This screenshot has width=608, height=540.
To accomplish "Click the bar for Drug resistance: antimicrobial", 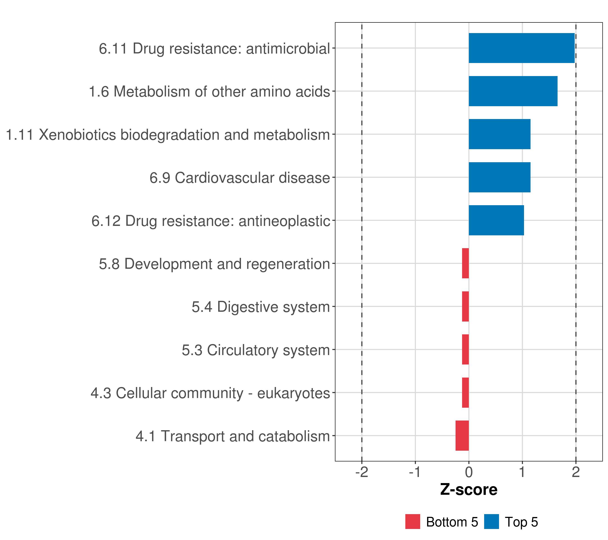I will click(x=522, y=48).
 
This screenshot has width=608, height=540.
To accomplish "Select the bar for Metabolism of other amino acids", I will click(x=513, y=91).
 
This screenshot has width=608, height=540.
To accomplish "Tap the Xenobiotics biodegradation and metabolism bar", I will click(x=499, y=134).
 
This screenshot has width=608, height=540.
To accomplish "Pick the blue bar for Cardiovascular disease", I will click(x=499, y=178).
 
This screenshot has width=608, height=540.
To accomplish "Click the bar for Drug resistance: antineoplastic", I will click(x=496, y=220).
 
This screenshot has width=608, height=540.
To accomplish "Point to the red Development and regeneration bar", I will click(x=465, y=263).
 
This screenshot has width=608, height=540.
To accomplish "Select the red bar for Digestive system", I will click(x=465, y=306).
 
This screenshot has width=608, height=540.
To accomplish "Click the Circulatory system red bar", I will click(x=465, y=349).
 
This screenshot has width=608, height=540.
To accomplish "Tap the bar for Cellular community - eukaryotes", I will click(x=465, y=393).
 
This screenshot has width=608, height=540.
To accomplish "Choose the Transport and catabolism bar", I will click(x=462, y=436).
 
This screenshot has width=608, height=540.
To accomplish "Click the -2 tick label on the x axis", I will click(x=362, y=472).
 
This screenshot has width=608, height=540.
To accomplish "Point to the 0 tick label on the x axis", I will click(x=469, y=472).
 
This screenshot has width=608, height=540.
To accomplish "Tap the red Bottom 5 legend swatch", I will click(x=413, y=522).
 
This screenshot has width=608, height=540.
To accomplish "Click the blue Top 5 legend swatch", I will click(x=491, y=522).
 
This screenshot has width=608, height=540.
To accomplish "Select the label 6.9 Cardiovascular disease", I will click(x=240, y=178).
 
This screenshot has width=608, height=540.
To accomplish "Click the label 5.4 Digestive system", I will click(x=261, y=307).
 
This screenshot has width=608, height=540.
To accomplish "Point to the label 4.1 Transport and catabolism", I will click(x=233, y=436).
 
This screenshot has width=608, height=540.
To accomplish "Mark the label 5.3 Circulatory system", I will click(x=256, y=350).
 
